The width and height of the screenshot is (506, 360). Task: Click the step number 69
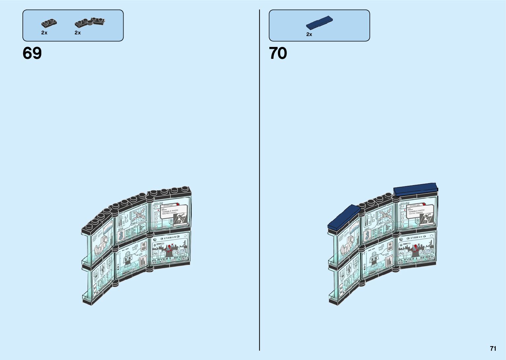32,53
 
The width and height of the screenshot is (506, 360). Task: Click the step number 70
278,53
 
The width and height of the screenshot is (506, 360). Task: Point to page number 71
493,348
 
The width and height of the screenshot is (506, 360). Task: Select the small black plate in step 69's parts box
49,23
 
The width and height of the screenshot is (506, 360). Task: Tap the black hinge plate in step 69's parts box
90,22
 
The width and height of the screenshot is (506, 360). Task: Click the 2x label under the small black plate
44,33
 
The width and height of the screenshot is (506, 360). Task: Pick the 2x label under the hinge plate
78,33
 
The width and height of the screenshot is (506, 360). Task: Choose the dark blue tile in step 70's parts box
319,22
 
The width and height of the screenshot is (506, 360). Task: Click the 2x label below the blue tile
309,34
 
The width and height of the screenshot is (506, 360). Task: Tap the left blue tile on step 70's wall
344,216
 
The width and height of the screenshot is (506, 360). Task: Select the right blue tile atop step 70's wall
415,189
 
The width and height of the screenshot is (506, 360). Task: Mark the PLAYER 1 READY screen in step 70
416,249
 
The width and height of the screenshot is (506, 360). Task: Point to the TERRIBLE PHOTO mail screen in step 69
170,214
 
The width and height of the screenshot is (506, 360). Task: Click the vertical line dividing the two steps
259,180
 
